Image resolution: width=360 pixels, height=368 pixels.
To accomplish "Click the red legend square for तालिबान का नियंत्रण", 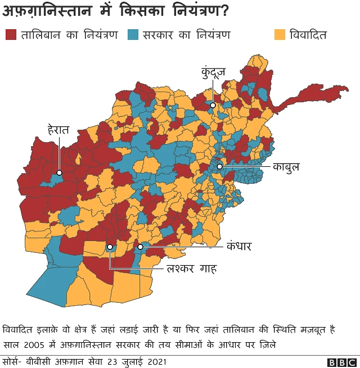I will pyautogui.click(x=10, y=34).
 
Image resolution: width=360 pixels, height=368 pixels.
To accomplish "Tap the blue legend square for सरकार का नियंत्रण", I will pyautogui.click(x=133, y=34).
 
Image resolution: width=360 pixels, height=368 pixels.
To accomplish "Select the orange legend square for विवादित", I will pyautogui.click(x=280, y=34).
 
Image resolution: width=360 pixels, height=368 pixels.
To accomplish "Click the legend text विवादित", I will pyautogui.click(x=308, y=34).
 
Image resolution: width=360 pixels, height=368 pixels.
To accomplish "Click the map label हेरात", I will pyautogui.click(x=58, y=130).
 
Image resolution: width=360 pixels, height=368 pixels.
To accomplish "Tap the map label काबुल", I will pyautogui.click(x=286, y=167).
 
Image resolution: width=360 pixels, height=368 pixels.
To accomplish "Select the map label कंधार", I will pyautogui.click(x=238, y=246).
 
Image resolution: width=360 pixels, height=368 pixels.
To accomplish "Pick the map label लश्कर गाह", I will pyautogui.click(x=192, y=269).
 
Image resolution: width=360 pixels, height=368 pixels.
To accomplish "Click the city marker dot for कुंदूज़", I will pyautogui.click(x=213, y=105).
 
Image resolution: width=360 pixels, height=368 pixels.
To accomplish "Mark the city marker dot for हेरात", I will pyautogui.click(x=58, y=172).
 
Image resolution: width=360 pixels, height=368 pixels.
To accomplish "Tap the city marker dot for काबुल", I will pyautogui.click(x=220, y=167).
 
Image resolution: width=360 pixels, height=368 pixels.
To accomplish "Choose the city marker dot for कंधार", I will pyautogui.click(x=141, y=246).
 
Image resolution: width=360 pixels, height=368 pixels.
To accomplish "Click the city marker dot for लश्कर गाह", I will pyautogui.click(x=110, y=247).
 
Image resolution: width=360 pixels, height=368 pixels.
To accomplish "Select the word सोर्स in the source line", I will pyautogui.click(x=13, y=361).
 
